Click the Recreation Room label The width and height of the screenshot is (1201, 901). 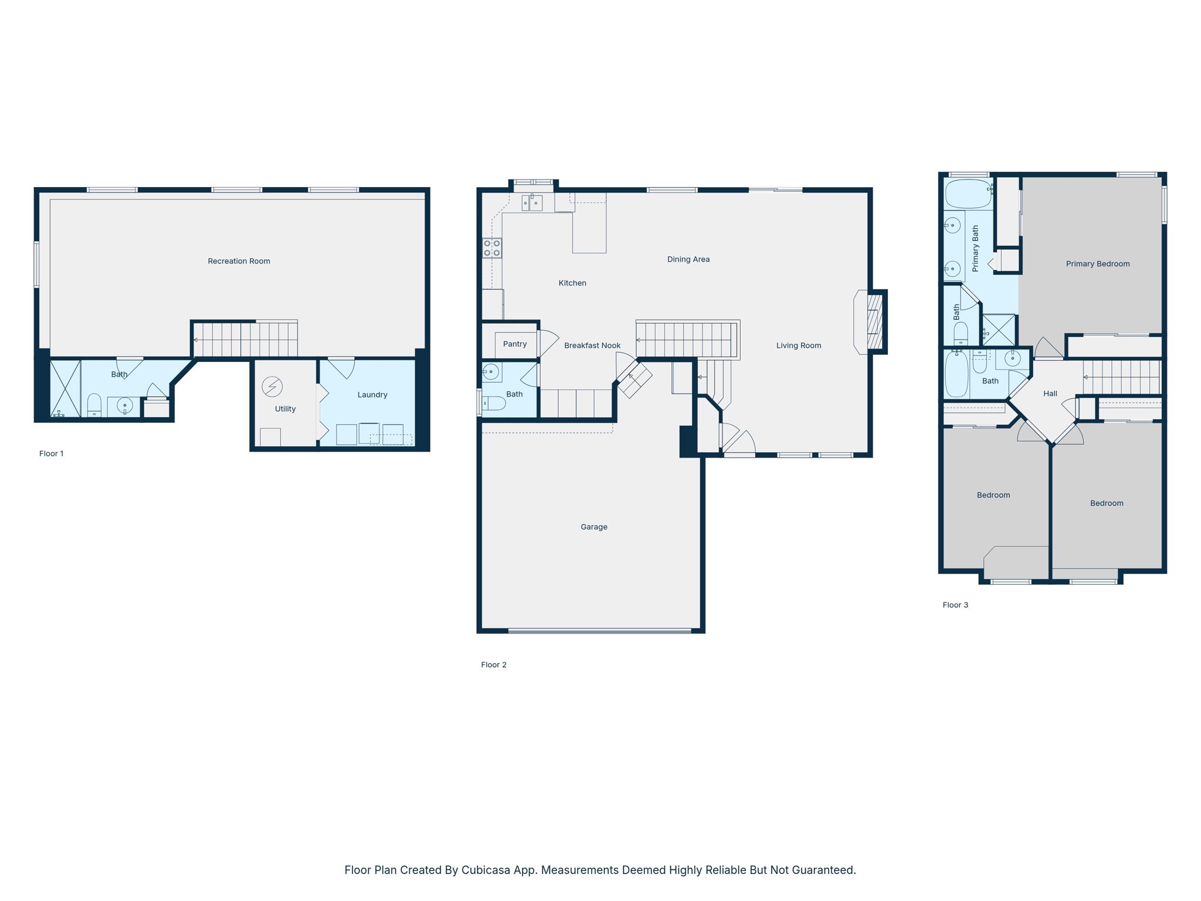click(x=239, y=261)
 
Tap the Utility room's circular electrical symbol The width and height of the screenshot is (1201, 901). click(x=272, y=387)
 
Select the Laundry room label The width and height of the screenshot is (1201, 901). click(x=372, y=395)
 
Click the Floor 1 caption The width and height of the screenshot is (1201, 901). click(x=52, y=453)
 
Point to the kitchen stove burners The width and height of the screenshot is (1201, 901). click(x=492, y=248)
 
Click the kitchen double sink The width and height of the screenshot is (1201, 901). click(x=532, y=203)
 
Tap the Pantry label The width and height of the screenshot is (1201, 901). click(x=515, y=344)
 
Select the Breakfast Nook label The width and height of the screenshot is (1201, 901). click(x=592, y=346)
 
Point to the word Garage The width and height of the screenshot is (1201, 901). click(x=594, y=527)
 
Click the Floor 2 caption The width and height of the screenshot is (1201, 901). click(x=494, y=665)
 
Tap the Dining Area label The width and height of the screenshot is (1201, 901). click(x=688, y=259)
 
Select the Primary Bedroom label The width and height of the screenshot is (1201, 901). click(x=1098, y=264)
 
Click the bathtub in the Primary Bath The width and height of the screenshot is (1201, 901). click(x=968, y=194)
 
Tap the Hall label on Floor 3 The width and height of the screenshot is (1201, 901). click(x=1050, y=394)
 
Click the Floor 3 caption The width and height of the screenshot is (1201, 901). click(x=955, y=605)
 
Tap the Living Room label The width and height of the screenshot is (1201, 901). click(x=799, y=346)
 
